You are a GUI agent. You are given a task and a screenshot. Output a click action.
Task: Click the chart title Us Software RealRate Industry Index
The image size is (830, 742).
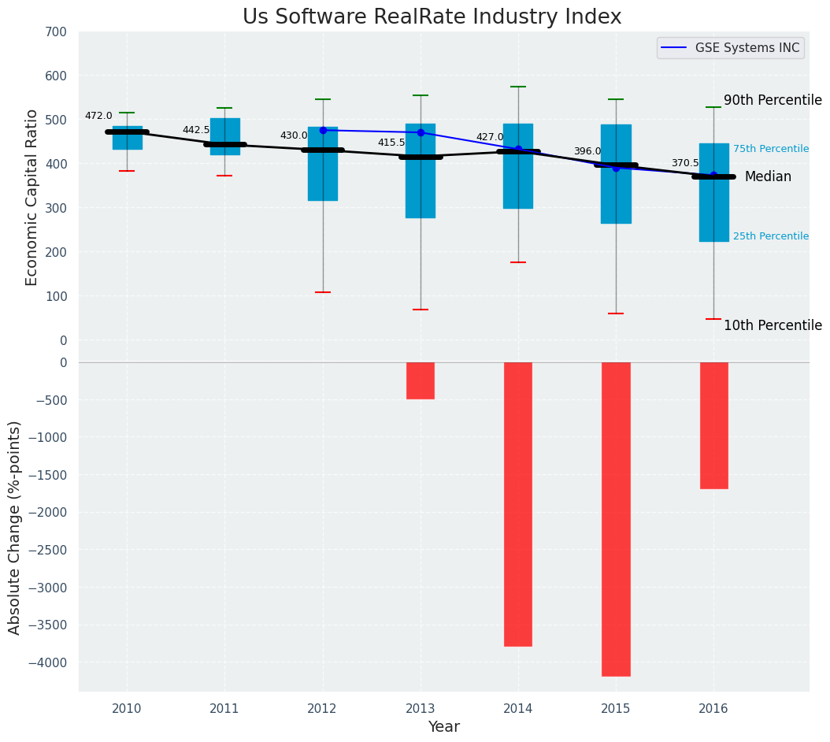432,17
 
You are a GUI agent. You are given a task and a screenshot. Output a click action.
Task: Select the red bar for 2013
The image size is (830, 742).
421,380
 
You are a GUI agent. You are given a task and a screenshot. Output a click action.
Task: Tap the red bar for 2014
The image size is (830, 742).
518,504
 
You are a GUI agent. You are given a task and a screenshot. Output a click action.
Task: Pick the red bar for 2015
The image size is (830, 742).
616,518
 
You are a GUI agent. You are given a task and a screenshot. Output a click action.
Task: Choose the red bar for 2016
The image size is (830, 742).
713,425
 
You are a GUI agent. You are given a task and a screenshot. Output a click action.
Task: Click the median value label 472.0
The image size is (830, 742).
98,116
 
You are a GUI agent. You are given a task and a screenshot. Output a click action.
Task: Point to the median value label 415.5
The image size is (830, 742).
391,143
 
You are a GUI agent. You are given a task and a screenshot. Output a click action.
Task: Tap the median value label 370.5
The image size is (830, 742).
685,163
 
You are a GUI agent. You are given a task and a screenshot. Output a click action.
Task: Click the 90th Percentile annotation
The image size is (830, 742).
773,100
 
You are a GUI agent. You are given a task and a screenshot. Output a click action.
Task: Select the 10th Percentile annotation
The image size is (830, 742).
773,325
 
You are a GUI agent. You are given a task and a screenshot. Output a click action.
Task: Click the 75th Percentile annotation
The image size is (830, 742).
770,149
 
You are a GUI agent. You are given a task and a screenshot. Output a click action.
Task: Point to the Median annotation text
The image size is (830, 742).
768,177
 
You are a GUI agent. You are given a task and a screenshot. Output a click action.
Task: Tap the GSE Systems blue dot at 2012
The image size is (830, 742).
323,130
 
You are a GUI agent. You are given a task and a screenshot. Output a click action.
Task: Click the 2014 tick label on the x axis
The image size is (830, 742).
518,709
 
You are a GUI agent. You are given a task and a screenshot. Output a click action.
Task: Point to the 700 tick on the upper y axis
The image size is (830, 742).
61,32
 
